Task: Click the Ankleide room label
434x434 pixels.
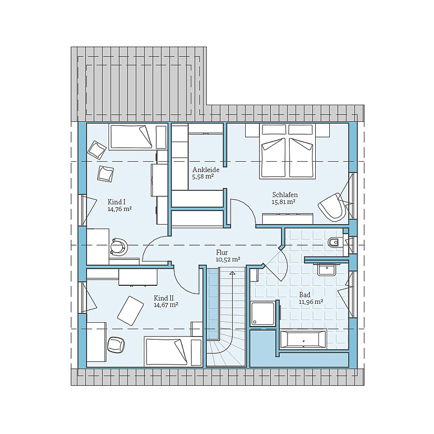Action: (x=206, y=170)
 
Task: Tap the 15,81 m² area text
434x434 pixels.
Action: (x=283, y=202)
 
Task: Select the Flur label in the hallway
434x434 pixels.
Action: (x=222, y=252)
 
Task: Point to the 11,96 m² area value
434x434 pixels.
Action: (x=311, y=302)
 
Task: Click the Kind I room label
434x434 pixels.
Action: (x=115, y=202)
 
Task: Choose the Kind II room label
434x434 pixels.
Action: (x=164, y=298)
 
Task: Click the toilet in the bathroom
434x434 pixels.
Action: (x=334, y=242)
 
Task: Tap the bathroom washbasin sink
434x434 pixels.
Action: (x=327, y=270)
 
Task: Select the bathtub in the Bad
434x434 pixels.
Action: (x=303, y=339)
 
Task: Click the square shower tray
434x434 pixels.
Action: (x=263, y=314)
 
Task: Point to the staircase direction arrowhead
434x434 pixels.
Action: (x=232, y=273)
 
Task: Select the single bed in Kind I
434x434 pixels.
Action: (x=131, y=137)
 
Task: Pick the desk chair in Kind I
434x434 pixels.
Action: (x=119, y=246)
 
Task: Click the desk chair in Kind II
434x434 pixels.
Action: (x=116, y=344)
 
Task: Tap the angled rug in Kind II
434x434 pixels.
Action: (x=130, y=310)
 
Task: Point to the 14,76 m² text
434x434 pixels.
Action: (x=119, y=209)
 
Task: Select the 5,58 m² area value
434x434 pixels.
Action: (x=203, y=177)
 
